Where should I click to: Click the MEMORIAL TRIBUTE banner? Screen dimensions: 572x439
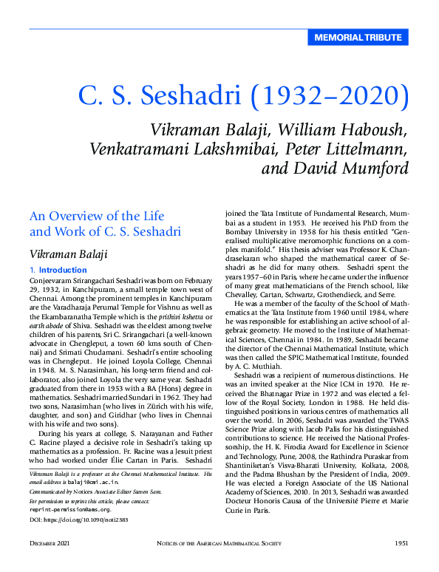pos(358,38)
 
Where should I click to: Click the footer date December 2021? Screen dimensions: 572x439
pos(50,544)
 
